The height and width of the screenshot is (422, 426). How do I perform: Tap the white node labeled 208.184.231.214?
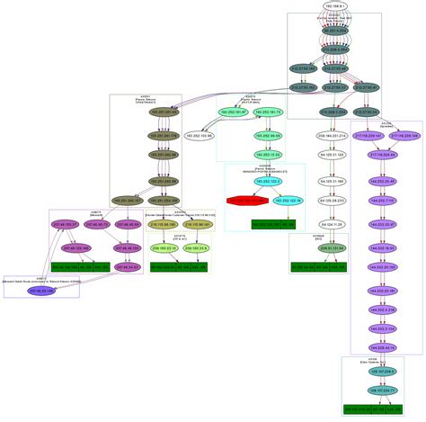pos(333,136)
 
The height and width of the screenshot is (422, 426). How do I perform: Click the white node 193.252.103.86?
pos(197,135)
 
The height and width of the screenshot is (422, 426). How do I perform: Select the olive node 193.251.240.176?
pos(163,135)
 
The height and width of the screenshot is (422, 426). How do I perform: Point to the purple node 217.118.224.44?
pos(383,155)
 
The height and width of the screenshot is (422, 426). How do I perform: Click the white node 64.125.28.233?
pos(333,201)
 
